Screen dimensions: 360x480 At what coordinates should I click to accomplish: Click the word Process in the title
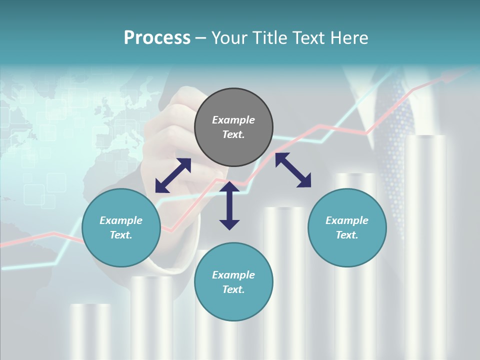coord(157,37)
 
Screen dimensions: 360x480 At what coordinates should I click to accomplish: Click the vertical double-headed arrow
coord(229,205)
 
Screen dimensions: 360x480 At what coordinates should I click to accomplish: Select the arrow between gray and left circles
coord(173,175)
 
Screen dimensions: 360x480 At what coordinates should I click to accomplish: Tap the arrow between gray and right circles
coord(293,170)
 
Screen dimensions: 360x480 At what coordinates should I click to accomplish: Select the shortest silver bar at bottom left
coord(90,330)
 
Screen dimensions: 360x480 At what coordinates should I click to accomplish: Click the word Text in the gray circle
coord(233,134)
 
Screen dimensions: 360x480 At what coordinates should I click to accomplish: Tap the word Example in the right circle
coord(346,220)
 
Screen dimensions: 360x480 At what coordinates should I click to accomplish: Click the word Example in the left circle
coord(121,220)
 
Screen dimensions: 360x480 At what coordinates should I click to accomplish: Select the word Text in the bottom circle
coord(233,289)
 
